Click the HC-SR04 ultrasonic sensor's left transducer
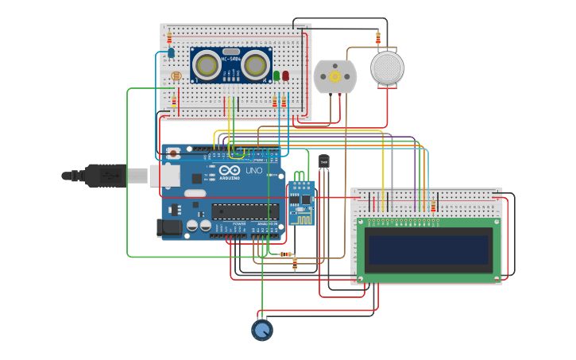(207, 64)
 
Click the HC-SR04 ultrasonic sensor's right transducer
(256, 64)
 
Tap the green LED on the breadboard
(276, 75)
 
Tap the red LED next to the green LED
(285, 75)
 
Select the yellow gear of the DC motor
(334, 76)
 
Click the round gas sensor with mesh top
(388, 68)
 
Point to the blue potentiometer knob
(262, 329)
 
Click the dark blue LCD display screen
(427, 249)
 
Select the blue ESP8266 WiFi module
(301, 202)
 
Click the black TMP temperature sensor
(323, 161)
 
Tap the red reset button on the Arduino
(174, 154)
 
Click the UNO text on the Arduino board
(254, 171)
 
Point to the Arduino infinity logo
(230, 171)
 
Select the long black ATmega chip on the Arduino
(245, 211)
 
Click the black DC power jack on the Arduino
(170, 228)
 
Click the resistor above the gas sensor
(378, 37)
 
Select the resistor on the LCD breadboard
(433, 205)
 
